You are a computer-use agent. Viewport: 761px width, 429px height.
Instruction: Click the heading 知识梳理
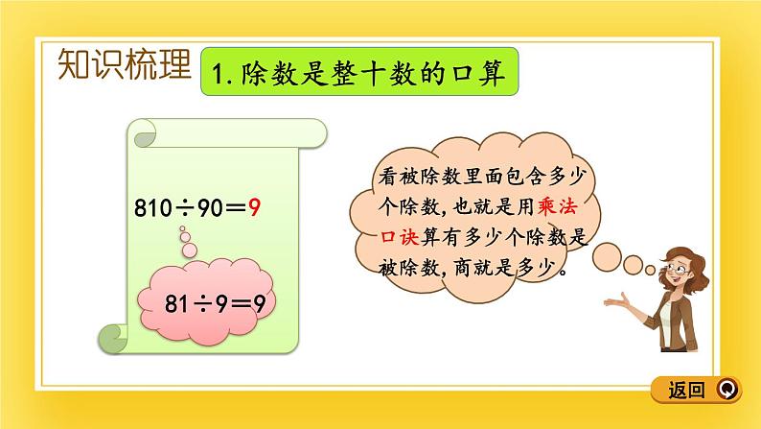(125, 64)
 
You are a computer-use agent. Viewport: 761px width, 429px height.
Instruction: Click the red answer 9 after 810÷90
(254, 206)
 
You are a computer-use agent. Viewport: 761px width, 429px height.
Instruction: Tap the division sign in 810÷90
(183, 206)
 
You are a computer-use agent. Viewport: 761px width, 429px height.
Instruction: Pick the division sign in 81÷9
(213, 306)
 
